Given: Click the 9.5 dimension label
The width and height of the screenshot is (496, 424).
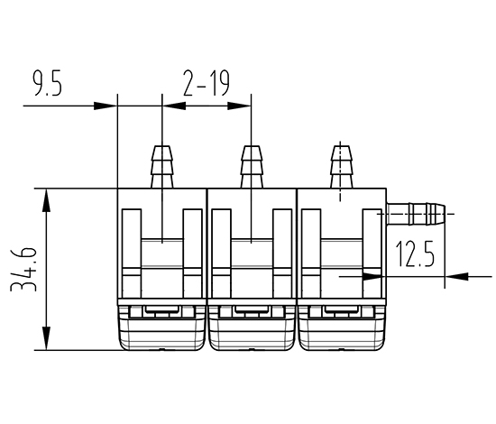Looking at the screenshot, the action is click(48, 83).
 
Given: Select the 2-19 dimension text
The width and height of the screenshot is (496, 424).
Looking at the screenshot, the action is click(207, 83).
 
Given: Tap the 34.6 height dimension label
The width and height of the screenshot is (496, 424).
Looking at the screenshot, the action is click(23, 269).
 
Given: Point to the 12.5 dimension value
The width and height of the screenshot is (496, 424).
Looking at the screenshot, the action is click(415, 253).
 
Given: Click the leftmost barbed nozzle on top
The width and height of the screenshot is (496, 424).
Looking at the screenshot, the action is click(162, 167).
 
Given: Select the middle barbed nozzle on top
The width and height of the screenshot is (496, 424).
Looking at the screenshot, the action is click(252, 167).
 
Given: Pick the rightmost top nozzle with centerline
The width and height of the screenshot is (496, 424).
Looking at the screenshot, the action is click(341, 167).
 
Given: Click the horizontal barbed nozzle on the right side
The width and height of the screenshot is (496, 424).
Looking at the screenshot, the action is click(416, 214).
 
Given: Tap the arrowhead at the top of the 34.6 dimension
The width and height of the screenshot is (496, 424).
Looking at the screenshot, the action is click(47, 200).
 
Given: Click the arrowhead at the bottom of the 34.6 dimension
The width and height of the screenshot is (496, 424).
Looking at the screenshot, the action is click(47, 338).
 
